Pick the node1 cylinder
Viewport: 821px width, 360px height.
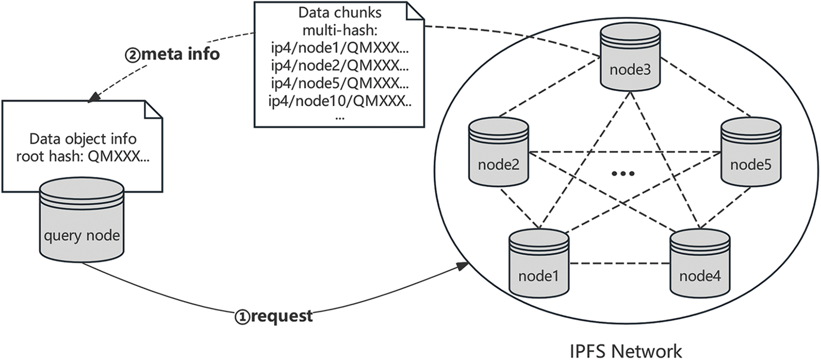(538, 264)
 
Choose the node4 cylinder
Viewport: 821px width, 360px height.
(700, 264)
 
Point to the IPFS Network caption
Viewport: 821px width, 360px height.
(625, 351)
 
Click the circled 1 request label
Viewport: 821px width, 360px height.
(274, 316)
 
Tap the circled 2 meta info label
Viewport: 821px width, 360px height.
(172, 54)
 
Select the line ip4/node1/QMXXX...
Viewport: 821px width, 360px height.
(340, 48)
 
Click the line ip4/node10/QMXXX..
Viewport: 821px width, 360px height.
(340, 101)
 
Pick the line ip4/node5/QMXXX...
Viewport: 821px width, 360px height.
(340, 83)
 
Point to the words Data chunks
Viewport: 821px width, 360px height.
(340, 12)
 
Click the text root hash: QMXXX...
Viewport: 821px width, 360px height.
(83, 156)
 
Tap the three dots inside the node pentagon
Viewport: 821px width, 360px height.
(623, 174)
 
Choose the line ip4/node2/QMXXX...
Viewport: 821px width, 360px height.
(340, 66)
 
